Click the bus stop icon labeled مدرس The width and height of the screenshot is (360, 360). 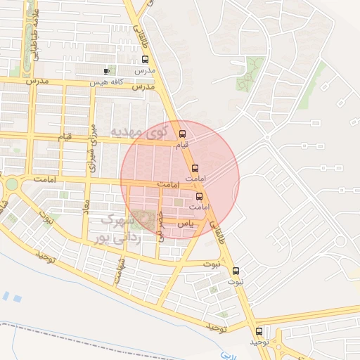pyautogui.click(x=146, y=60)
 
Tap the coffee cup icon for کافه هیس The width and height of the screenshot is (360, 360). pyautogui.click(x=107, y=71)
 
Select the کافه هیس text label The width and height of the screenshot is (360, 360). pyautogui.click(x=108, y=83)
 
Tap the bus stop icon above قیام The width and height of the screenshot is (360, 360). pyautogui.click(x=183, y=134)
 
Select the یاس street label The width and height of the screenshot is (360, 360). pyautogui.click(x=184, y=223)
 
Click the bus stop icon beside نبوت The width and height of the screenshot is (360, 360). pyautogui.click(x=236, y=270)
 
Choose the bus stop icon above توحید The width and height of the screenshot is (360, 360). pyautogui.click(x=259, y=331)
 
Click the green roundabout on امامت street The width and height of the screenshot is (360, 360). pyautogui.click(x=12, y=184)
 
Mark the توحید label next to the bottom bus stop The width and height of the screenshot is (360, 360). pyautogui.click(x=259, y=342)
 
